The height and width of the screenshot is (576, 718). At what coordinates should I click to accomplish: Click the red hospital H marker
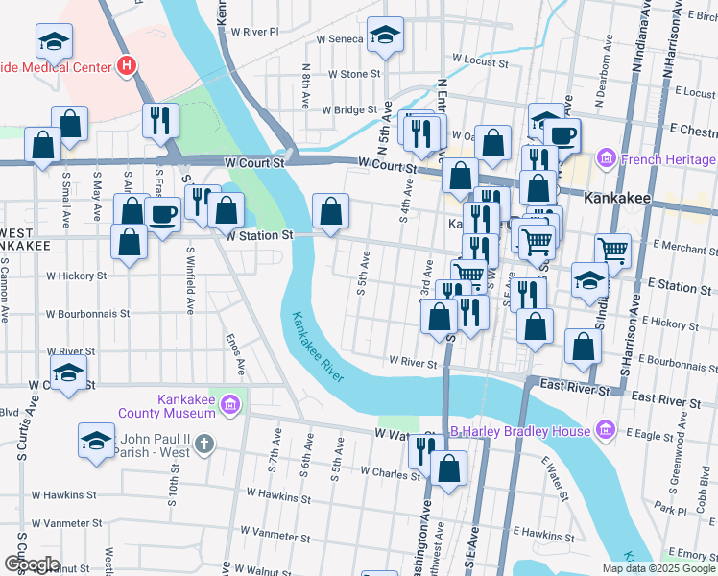126,66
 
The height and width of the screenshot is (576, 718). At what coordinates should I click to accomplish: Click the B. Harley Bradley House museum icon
605,429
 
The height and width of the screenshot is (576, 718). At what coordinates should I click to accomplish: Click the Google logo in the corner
31,564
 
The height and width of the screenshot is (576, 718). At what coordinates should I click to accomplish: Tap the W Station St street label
258,235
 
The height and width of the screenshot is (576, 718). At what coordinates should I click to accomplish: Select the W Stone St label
354,74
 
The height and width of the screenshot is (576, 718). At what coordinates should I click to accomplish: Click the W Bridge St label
351,110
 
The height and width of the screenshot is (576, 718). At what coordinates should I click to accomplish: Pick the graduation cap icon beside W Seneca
386,36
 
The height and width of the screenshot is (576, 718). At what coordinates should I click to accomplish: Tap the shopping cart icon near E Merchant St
612,252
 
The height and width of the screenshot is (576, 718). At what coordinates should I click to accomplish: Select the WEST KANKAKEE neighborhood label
26,240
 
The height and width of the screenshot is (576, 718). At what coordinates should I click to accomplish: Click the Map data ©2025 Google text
658,568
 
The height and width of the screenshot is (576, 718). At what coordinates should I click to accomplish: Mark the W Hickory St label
77,276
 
